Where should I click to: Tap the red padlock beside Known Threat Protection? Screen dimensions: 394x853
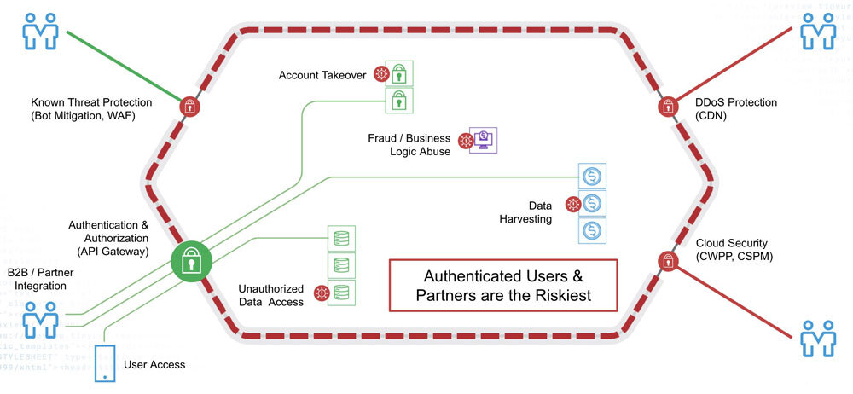click(x=189, y=107)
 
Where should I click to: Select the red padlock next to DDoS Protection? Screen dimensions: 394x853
click(x=666, y=107)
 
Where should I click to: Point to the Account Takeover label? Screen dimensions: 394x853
click(x=322, y=75)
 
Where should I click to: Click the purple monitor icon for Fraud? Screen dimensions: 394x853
click(x=484, y=140)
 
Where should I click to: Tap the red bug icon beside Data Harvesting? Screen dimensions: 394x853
click(x=572, y=204)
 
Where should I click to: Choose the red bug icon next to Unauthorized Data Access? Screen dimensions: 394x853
click(x=322, y=293)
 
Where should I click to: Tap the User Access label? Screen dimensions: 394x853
click(x=154, y=364)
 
